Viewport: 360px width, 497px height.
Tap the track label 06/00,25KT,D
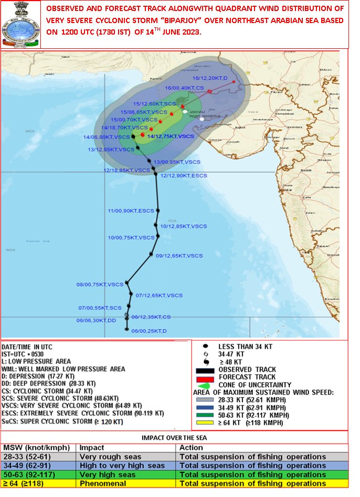(x=149, y=331)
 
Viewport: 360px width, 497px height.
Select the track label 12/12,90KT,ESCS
(x=184, y=176)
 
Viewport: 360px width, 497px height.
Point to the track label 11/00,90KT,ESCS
(x=131, y=211)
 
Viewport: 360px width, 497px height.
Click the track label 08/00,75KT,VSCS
(x=100, y=285)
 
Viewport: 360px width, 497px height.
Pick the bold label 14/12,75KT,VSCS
(x=171, y=136)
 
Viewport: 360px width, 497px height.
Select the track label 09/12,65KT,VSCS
(x=179, y=256)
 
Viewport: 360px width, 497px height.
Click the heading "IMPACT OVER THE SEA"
(x=174, y=437)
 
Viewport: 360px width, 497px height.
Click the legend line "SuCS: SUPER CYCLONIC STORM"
(x=63, y=422)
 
